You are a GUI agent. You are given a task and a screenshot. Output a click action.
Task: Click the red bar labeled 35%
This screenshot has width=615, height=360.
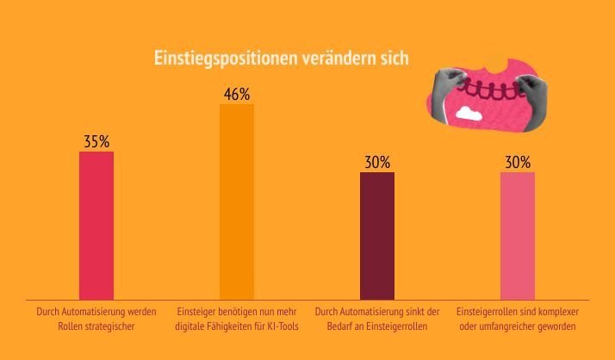96,226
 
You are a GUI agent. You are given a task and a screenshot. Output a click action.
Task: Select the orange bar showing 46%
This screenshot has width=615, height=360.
237,202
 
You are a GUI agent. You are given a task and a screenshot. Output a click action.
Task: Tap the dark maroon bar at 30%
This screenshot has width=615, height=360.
377,235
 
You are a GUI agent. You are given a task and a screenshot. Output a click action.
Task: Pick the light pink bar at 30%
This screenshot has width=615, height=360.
518,235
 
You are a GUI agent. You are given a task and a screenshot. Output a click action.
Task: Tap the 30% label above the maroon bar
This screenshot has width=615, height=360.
377,162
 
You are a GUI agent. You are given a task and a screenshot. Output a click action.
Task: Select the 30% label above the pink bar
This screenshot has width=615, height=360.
518,162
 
